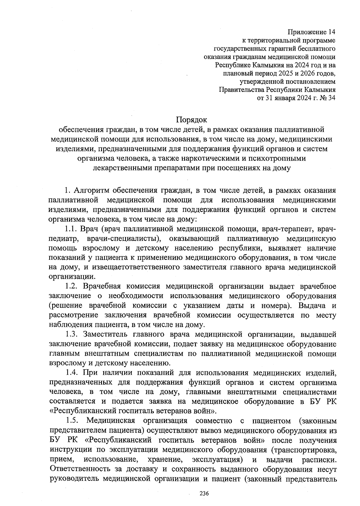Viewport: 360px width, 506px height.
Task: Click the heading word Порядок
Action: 191,120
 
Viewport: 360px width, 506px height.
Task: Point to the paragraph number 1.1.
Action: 72,229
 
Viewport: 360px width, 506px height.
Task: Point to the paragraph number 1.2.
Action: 72,286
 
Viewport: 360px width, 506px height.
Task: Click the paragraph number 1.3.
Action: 72,334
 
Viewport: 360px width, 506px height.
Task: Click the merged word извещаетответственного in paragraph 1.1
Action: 142,267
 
